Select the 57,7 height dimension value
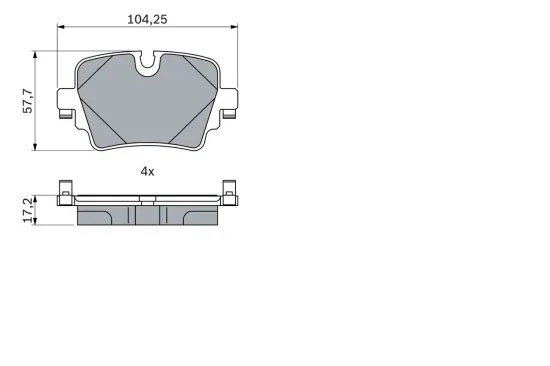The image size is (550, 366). click(x=29, y=99)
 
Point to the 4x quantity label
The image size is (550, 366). click(x=147, y=171)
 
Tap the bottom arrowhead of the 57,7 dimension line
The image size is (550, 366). click(x=37, y=148)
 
